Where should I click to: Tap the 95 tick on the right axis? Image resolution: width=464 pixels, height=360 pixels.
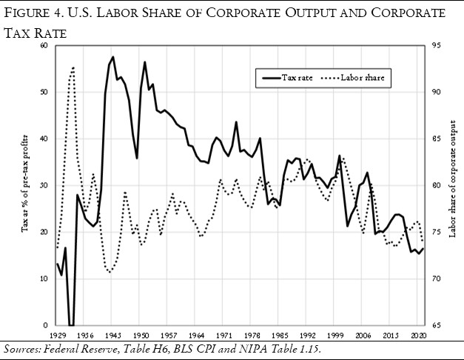click(x=437, y=46)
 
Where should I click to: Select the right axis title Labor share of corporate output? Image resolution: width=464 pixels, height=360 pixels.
click(x=452, y=184)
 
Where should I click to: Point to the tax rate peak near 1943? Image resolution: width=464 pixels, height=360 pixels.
click(x=112, y=57)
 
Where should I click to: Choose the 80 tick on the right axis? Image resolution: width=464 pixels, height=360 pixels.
click(x=437, y=185)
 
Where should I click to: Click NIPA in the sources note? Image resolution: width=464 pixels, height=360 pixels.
click(x=232, y=348)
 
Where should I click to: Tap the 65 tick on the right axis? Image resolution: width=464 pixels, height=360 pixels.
click(x=437, y=325)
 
